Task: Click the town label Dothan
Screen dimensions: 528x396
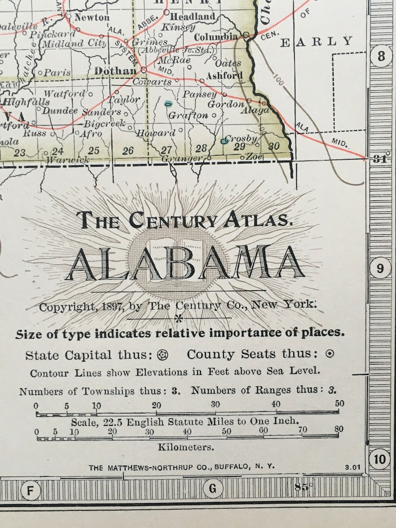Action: coord(115,71)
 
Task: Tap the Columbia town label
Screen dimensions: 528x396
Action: coord(215,37)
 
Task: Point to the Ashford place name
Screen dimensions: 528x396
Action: coord(225,77)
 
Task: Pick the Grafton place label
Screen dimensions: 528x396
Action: coord(188,115)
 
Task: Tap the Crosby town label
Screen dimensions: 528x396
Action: coord(241,138)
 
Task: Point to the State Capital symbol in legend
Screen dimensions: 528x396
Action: coord(163,355)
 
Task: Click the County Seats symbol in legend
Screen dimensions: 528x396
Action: coord(330,354)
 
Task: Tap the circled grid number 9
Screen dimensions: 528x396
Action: coord(381,269)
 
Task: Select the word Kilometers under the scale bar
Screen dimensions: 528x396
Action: coord(186,447)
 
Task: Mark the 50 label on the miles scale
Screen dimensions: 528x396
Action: coord(339,403)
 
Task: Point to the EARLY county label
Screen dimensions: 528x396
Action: coord(316,42)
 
